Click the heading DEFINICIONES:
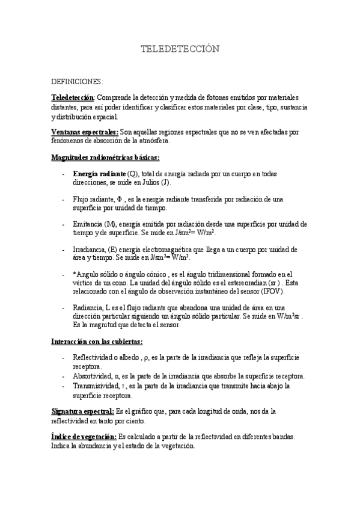[78, 81]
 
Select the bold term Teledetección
[73, 97]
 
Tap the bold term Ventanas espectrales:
[84, 131]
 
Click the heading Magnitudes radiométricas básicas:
[105, 158]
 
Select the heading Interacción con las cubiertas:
[97, 341]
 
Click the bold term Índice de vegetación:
[84, 436]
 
